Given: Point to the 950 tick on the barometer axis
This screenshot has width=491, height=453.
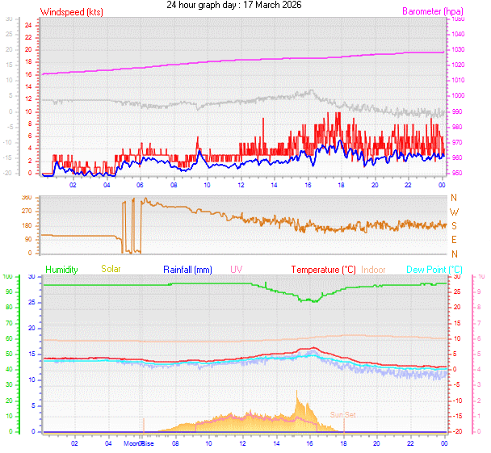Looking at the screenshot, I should click(458, 174).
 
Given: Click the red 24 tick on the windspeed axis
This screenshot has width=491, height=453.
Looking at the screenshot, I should click(27, 25).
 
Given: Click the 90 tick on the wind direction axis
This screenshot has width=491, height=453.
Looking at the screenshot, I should click(27, 240).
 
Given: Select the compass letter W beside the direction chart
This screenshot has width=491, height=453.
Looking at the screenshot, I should click(453, 212).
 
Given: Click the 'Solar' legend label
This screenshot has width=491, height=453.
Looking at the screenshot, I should click(111, 269).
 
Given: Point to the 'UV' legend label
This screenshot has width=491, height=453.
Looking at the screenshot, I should click(236, 269).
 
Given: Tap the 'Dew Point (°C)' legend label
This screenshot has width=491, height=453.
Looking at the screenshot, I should click(437, 269).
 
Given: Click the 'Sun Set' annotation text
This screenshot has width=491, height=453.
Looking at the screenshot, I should click(342, 414).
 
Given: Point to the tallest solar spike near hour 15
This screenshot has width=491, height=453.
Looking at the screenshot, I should click(296, 392).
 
